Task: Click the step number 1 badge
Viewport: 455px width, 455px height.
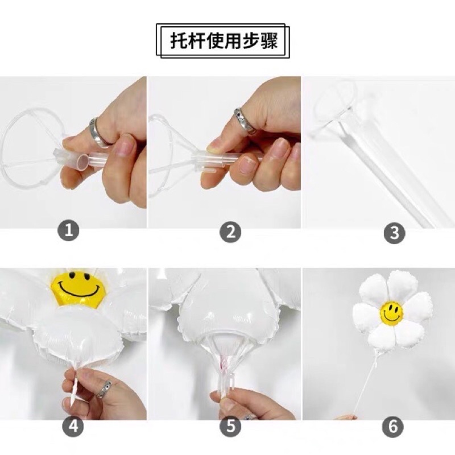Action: pyautogui.click(x=68, y=231)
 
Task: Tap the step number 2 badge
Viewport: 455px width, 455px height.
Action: pyautogui.click(x=230, y=232)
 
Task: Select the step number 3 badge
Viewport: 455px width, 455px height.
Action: pyautogui.click(x=394, y=233)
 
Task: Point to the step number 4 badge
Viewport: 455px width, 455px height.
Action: pyautogui.click(x=73, y=426)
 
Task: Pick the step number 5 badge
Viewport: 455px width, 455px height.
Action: pyautogui.click(x=230, y=426)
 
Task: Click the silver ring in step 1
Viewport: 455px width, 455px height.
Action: pyautogui.click(x=100, y=133)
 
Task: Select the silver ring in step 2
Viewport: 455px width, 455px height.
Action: pyautogui.click(x=245, y=121)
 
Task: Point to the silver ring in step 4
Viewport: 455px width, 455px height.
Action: pyautogui.click(x=104, y=389)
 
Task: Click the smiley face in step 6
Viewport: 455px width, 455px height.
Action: pyautogui.click(x=391, y=313)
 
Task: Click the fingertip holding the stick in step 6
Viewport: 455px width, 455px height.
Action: pyautogui.click(x=348, y=417)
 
